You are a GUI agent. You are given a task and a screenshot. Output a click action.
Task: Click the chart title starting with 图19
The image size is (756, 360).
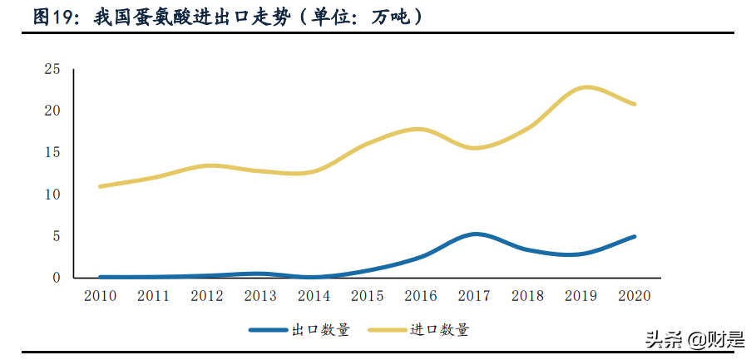click(x=225, y=17)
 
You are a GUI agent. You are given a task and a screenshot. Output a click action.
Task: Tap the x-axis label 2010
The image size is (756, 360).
click(x=100, y=296)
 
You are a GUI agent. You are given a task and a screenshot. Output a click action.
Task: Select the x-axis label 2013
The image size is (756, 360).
click(x=261, y=296)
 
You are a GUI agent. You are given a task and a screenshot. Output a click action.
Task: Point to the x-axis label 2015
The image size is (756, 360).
click(x=368, y=296)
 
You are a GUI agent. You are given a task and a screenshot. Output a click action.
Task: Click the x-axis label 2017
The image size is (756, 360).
click(x=475, y=296)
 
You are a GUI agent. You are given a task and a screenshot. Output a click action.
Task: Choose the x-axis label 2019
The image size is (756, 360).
click(x=582, y=296)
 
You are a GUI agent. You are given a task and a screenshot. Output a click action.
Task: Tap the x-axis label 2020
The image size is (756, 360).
click(x=635, y=296)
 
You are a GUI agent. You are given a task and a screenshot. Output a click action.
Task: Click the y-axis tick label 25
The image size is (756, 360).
click(x=52, y=69)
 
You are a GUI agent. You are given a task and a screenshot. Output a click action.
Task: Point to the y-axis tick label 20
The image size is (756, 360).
click(x=52, y=111)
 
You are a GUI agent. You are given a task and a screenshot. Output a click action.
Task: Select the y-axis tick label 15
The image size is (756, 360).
click(x=52, y=152)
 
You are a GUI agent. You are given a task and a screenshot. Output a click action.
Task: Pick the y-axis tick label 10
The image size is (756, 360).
click(x=52, y=195)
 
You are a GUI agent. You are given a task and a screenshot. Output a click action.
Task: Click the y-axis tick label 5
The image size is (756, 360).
click(x=57, y=236)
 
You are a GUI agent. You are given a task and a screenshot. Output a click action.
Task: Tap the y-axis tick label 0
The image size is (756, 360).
click(x=57, y=278)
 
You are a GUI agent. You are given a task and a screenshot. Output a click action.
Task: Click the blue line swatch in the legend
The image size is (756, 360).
click(x=267, y=330)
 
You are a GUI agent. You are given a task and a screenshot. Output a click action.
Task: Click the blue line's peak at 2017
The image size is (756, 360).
click(x=475, y=234)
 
